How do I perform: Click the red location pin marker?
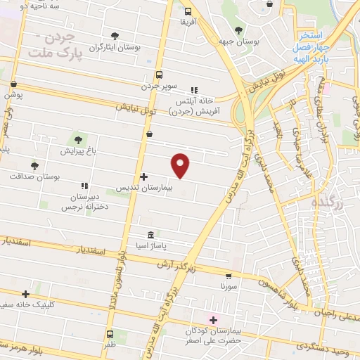coord(181,165)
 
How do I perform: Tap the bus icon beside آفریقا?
coord(187,11)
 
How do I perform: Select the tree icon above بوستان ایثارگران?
coord(114,35)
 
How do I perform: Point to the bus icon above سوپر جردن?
coord(159,74)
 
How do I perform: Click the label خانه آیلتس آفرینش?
coord(198,105)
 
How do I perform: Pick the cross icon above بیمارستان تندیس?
coord(143,177)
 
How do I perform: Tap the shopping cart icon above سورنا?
coord(229,276)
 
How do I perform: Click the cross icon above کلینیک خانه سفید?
coord(26,294)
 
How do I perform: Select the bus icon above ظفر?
coord(110,334)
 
